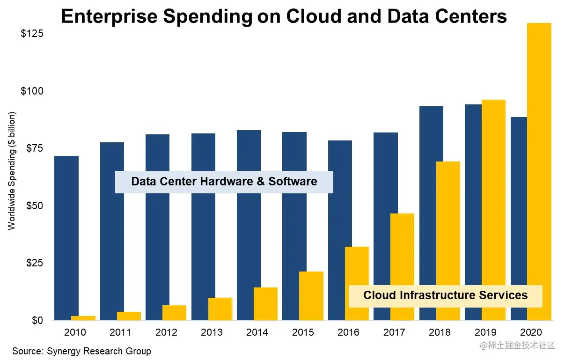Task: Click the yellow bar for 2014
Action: (265, 304)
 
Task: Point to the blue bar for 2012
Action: (157, 227)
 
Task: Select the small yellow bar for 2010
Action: (87, 318)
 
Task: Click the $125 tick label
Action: (32, 34)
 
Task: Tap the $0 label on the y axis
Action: (37, 321)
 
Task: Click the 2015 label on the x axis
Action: (303, 332)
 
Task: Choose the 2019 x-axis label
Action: (485, 332)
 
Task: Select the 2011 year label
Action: (120, 332)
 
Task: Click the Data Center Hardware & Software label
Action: (224, 182)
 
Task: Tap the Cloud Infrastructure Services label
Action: (445, 295)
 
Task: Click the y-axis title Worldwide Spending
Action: (12, 171)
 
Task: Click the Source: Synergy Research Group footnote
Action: (82, 351)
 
